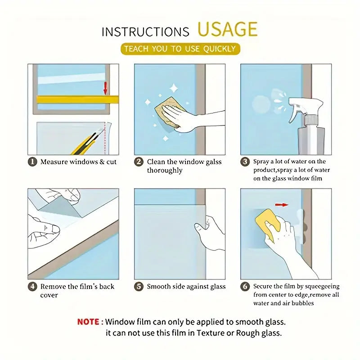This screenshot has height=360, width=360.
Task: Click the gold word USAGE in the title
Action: point(227,29)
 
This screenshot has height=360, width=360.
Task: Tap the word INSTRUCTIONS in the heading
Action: point(145,31)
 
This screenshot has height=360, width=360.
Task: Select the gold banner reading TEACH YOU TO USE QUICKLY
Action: point(180,49)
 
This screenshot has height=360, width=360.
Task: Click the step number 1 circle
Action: point(32,162)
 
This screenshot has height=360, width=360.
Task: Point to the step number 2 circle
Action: point(139,162)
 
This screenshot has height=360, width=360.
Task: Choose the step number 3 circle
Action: point(245,162)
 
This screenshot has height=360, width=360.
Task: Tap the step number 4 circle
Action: point(32,287)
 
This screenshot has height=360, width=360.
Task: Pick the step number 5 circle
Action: point(139,287)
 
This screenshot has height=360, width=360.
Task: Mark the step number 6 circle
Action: point(245,286)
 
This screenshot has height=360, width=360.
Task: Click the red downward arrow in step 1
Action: point(105,88)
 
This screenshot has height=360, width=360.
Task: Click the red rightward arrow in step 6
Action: point(282,205)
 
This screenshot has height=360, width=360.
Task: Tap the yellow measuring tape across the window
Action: point(77,99)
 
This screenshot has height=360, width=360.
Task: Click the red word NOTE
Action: point(88,322)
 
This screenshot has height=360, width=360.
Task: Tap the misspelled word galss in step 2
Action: point(213,162)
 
